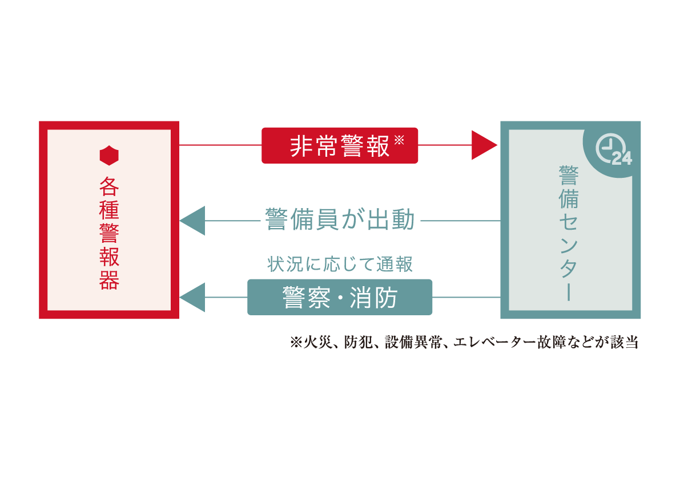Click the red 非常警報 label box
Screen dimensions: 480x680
pyautogui.click(x=340, y=145)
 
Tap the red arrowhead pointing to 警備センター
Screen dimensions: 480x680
pyautogui.click(x=484, y=145)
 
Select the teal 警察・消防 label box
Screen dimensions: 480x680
pyautogui.click(x=340, y=297)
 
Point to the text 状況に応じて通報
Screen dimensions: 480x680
pyautogui.click(x=340, y=264)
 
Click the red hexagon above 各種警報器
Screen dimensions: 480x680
pyautogui.click(x=109, y=156)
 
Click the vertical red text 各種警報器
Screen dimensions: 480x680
pyautogui.click(x=109, y=234)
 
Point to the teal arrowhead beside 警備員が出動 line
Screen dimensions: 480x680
pyautogui.click(x=192, y=221)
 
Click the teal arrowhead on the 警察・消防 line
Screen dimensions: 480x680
pyautogui.click(x=192, y=297)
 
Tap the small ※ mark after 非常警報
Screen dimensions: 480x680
pyautogui.click(x=399, y=140)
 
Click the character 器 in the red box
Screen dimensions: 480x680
pyautogui.click(x=109, y=281)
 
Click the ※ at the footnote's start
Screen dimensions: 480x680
pyautogui.click(x=295, y=343)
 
